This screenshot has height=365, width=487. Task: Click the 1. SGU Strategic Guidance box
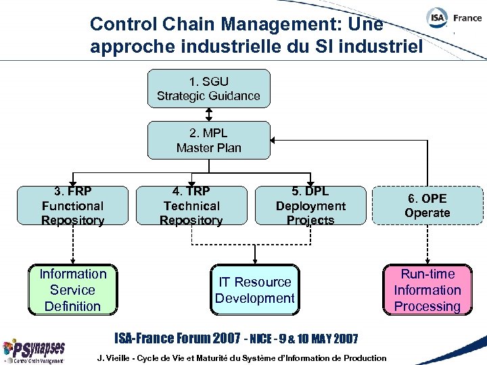pyautogui.click(x=208, y=89)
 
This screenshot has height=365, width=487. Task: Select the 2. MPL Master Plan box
pyautogui.click(x=208, y=141)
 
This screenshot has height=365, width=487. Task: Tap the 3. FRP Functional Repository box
pyautogui.click(x=72, y=205)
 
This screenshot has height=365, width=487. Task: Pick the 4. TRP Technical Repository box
pyautogui.click(x=191, y=205)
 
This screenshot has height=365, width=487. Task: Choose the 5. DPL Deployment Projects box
pyautogui.click(x=310, y=205)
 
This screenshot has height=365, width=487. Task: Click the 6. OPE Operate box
pyautogui.click(x=427, y=205)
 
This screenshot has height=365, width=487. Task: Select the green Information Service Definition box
pyautogui.click(x=72, y=290)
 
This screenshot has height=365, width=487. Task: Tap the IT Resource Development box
pyautogui.click(x=254, y=290)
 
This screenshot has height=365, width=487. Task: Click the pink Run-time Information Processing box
pyautogui.click(x=427, y=290)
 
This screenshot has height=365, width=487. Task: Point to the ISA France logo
pyautogui.click(x=454, y=18)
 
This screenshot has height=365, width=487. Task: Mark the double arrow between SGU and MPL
pyautogui.click(x=208, y=114)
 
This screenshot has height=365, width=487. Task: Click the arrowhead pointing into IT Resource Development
pyautogui.click(x=254, y=260)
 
